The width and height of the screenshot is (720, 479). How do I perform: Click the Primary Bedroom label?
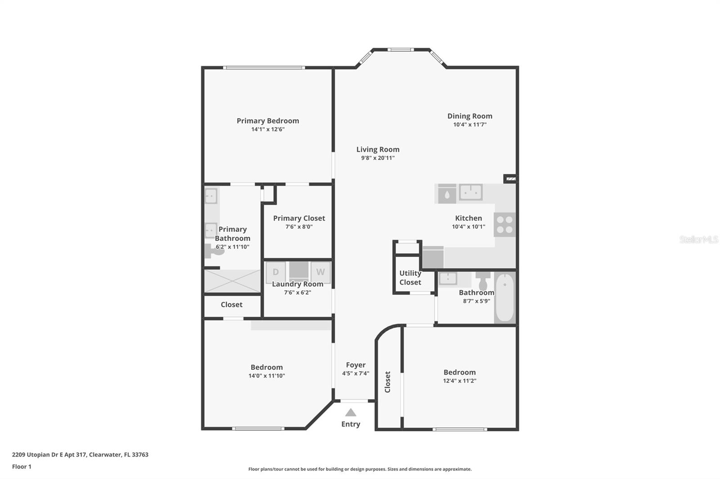(x=268, y=121)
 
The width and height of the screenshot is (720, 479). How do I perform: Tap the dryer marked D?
(x=275, y=272)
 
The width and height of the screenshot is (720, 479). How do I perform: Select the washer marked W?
(x=320, y=272)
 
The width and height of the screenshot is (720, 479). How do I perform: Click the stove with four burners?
(x=504, y=225)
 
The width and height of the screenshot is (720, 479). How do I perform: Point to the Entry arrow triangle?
(x=351, y=412)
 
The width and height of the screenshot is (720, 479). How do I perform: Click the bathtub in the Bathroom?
(x=505, y=297)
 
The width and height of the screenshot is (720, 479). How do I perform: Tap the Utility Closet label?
(x=410, y=278)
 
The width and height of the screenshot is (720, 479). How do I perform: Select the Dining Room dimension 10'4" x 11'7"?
(x=470, y=124)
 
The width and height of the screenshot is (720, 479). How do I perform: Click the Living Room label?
(x=378, y=150)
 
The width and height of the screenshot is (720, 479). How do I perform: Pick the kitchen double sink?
(x=471, y=192)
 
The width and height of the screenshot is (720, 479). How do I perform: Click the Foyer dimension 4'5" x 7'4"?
(x=355, y=373)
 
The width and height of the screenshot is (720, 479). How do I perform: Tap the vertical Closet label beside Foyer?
(x=387, y=382)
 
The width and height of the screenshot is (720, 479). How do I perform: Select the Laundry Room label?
(x=297, y=284)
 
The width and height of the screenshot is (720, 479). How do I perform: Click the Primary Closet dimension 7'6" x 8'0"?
(x=299, y=227)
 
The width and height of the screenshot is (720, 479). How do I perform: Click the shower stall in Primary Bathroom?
(x=232, y=281)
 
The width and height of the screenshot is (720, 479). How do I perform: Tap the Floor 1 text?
(x=22, y=467)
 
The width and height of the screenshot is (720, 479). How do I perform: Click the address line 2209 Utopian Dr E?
(x=80, y=455)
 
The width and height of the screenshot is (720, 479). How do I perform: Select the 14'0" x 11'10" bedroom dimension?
(x=266, y=376)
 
